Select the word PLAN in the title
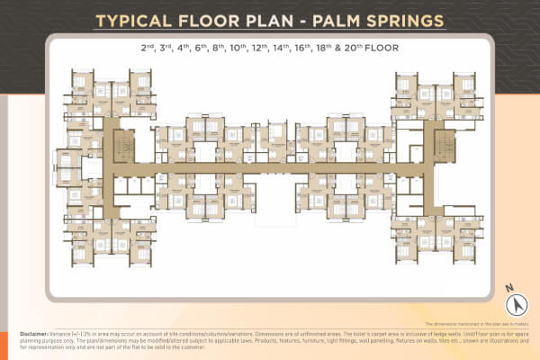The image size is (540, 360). [271, 19]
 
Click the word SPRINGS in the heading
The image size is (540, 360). [409, 19]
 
